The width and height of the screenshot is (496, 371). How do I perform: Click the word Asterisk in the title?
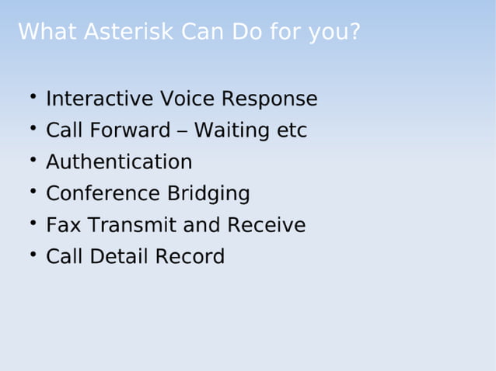pyautogui.click(x=128, y=33)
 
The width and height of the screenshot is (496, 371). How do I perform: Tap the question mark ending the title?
pyautogui.click(x=355, y=33)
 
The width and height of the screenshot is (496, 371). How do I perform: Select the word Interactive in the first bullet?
pyautogui.click(x=100, y=99)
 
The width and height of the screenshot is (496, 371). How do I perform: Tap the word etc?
pyautogui.click(x=292, y=130)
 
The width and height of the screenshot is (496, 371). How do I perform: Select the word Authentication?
pyautogui.click(x=119, y=162)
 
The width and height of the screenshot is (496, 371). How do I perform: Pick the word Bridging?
pyautogui.click(x=208, y=193)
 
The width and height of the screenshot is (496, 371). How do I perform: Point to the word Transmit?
pyautogui.click(x=132, y=225)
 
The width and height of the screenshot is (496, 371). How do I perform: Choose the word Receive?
pyautogui.click(x=266, y=225)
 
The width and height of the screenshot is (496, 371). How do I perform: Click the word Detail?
pyautogui.click(x=118, y=257)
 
